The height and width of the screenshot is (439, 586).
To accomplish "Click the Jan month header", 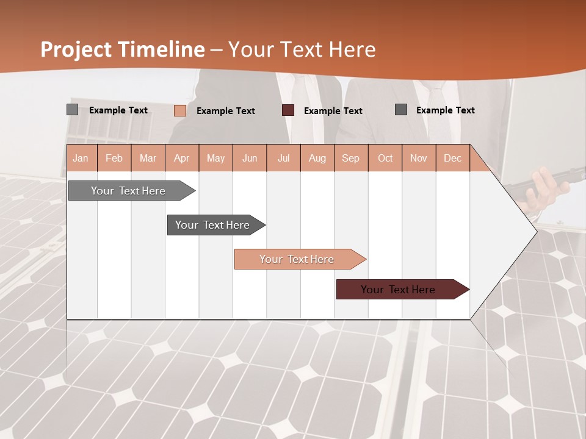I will pos(81,159).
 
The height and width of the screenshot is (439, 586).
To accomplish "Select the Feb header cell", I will pos(114,159).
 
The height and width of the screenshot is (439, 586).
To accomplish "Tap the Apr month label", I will pos(181,159).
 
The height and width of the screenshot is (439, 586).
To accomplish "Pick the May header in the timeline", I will pos(215,159).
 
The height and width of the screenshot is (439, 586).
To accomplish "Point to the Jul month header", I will pos(283,159).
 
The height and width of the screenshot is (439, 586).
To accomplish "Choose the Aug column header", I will pos(317,159).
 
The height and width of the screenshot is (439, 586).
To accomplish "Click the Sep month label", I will pos(350,159).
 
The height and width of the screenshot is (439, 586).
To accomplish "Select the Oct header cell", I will pos(385,159).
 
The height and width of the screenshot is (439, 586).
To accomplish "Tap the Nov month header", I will pos(418,159).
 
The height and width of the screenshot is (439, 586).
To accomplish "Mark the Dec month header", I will pos(452,159).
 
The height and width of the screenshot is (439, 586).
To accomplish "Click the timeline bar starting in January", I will pos(128,191).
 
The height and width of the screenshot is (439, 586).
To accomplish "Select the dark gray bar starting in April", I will pos(212,225).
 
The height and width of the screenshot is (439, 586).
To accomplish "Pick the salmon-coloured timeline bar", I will pos(297,259).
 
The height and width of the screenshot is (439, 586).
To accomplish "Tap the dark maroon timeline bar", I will pos(398,290).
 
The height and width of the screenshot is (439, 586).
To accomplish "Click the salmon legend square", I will pos(179,110).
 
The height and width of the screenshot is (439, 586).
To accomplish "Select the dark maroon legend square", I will pos(288,110).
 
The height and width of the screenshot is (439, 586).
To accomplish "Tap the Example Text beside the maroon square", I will pos(333,111).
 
